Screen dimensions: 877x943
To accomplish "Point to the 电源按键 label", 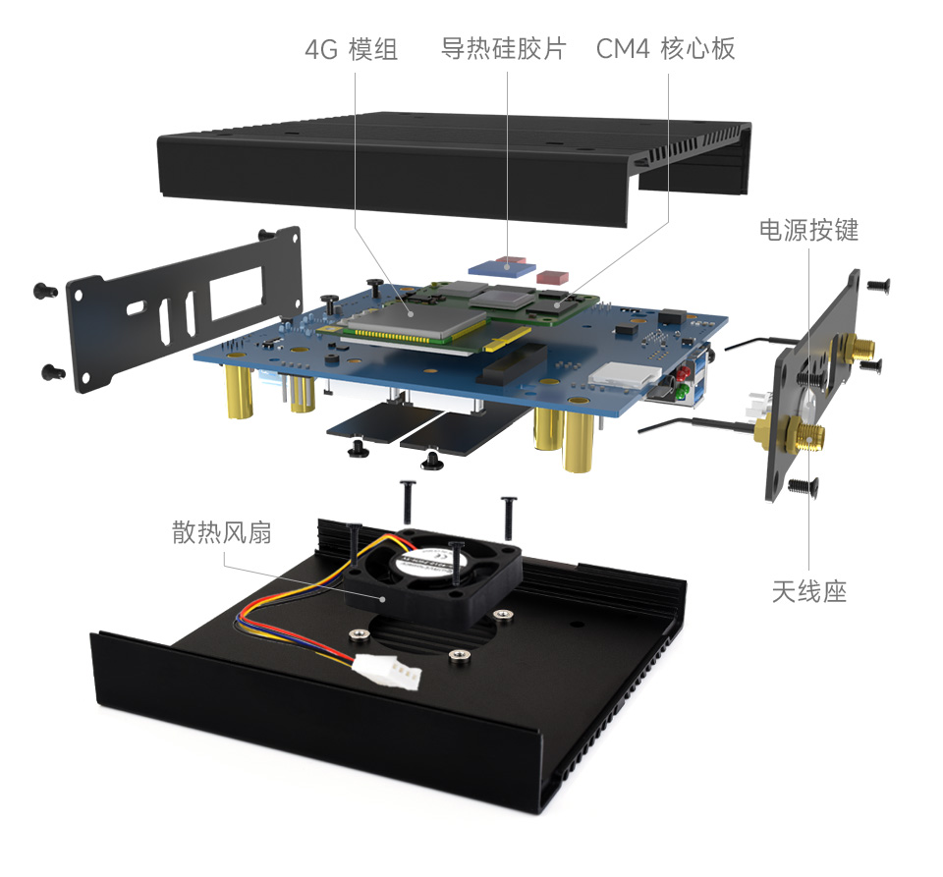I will point(808,230).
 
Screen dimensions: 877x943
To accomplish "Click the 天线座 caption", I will point(808,591).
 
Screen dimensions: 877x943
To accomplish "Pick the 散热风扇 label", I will point(221,532).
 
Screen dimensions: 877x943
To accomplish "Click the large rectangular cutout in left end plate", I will point(234,294).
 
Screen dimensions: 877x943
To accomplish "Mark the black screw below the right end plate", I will point(803,485).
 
